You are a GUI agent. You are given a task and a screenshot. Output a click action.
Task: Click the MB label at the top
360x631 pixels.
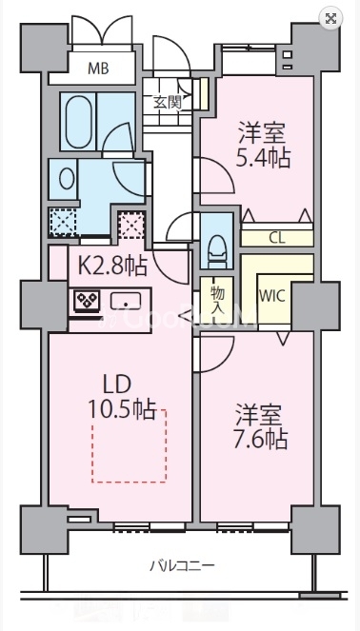tap(98, 68)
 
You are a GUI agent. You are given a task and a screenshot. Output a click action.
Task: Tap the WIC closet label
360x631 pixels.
tap(271, 295)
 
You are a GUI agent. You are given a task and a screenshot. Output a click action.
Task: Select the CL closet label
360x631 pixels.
tap(276, 237)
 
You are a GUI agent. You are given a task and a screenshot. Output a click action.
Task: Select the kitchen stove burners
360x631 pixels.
tap(88, 302)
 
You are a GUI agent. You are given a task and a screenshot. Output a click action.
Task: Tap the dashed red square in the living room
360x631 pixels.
tap(128, 445)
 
